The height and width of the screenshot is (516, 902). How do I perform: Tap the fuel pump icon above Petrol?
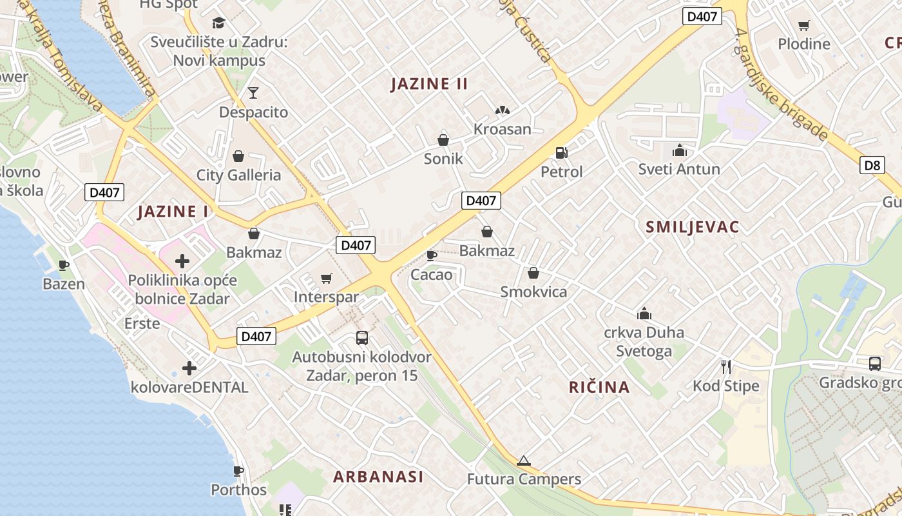tap(562, 153)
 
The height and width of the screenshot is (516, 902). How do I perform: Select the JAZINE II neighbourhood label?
tap(430, 84)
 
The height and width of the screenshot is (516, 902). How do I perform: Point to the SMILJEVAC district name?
tap(693, 227)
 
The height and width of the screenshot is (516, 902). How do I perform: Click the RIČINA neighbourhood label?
tap(599, 387)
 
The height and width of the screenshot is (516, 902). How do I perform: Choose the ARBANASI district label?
tap(379, 477)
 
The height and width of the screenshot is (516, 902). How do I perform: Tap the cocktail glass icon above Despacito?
tap(253, 93)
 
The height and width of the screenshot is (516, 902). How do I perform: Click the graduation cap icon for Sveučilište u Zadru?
tap(218, 23)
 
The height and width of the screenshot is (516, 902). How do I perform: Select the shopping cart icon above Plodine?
tap(803, 26)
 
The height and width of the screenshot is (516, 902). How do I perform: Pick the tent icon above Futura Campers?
tap(524, 461)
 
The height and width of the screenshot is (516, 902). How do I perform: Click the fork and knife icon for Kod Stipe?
tap(726, 367)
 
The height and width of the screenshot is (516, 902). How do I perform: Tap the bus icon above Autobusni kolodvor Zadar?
tap(362, 337)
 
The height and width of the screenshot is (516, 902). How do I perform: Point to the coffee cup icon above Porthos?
tap(238, 471)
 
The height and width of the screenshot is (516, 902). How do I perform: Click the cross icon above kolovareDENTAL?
tap(189, 368)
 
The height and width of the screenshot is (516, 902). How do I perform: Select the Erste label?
tap(142, 323)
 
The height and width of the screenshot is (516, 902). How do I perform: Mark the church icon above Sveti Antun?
tap(679, 151)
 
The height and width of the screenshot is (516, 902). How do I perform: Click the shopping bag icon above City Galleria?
tap(238, 156)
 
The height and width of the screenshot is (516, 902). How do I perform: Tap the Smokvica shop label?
tap(534, 292)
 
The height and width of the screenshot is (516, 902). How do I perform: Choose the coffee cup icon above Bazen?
tap(64, 265)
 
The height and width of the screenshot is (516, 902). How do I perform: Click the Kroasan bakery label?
tap(503, 129)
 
